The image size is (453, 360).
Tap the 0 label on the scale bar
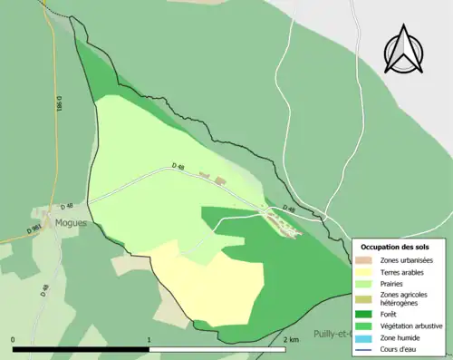pyautogui.click(x=14, y=340)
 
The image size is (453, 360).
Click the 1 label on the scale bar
pyautogui.click(x=149, y=340)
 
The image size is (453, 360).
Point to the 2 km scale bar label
pyautogui.click(x=291, y=340)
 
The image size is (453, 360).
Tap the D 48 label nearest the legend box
pyautogui.click(x=289, y=209)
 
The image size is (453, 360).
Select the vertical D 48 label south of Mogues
pyautogui.click(x=43, y=290)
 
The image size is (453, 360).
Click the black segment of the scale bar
pyautogui.click(x=81, y=349)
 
